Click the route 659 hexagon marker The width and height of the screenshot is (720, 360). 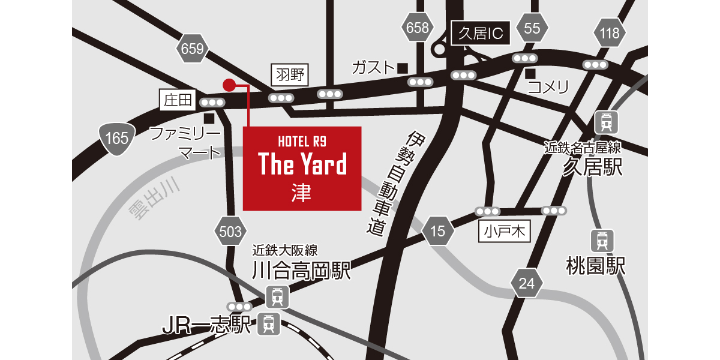(193, 49)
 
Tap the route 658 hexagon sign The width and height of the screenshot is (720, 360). (418, 28)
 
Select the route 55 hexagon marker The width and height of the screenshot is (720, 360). (532, 28)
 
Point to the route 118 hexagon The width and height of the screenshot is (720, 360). (610, 33)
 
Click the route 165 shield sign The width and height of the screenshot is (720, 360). (116, 138)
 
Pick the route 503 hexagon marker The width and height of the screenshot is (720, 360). (230, 232)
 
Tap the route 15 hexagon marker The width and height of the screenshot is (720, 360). (438, 231)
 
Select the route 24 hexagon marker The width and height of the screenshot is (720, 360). (526, 283)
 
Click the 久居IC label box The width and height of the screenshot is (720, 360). (481, 34)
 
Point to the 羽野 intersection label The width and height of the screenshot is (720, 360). (291, 75)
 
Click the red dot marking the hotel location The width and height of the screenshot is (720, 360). (229, 85)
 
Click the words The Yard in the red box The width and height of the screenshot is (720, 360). (302, 164)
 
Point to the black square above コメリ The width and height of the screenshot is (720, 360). (530, 74)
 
